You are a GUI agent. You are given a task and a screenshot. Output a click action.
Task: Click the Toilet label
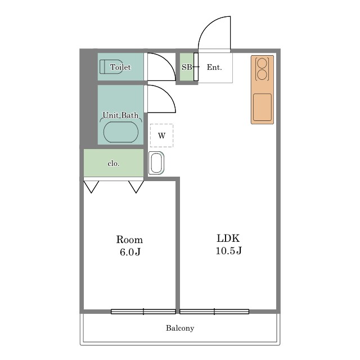120,67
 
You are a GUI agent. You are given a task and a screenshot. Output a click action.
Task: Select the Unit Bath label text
120,115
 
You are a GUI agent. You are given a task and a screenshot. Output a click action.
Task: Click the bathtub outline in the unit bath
121,132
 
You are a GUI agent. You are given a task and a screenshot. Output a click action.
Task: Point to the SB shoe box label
187,67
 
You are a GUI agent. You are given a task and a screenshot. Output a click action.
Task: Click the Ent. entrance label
214,67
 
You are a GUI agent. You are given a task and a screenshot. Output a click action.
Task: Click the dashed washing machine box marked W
161,136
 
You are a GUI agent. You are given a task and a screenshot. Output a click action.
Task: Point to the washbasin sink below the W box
156,163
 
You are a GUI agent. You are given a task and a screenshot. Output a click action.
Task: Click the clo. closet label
114,164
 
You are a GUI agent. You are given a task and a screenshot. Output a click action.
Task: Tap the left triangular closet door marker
91,187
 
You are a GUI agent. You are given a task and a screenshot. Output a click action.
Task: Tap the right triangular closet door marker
136,187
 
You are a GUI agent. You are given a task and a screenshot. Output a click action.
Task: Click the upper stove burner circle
262,63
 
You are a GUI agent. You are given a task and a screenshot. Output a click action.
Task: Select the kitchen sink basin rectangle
263,107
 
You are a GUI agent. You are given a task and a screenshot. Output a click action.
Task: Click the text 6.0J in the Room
130,252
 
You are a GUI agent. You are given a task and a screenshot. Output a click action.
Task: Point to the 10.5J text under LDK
229,251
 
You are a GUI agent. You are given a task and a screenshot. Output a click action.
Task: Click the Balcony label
180,328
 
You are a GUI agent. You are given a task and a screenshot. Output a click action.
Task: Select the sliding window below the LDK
214,312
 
